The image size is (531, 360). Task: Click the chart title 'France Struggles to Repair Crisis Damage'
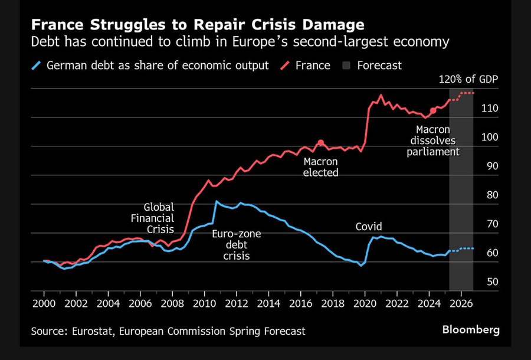click(197, 25)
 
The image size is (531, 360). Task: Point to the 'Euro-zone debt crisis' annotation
click(236, 245)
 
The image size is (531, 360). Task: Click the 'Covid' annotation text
click(369, 227)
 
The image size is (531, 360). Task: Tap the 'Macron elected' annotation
click(321, 166)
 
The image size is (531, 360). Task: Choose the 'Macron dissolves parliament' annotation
click(432, 140)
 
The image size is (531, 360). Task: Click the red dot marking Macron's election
click(321, 142)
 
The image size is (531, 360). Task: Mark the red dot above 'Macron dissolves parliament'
click(433, 110)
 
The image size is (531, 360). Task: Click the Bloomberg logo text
click(470, 329)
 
